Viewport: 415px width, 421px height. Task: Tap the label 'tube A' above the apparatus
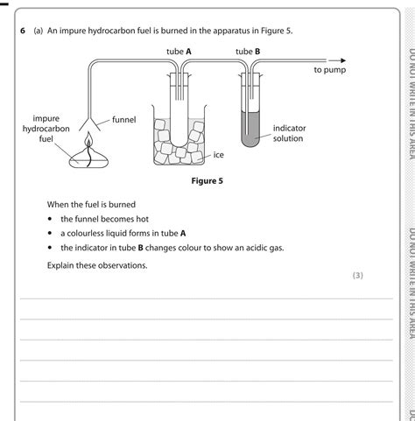[179, 52]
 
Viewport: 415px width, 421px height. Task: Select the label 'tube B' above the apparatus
[248, 52]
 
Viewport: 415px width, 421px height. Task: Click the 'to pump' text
[330, 69]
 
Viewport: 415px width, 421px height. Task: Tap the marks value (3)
[357, 275]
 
